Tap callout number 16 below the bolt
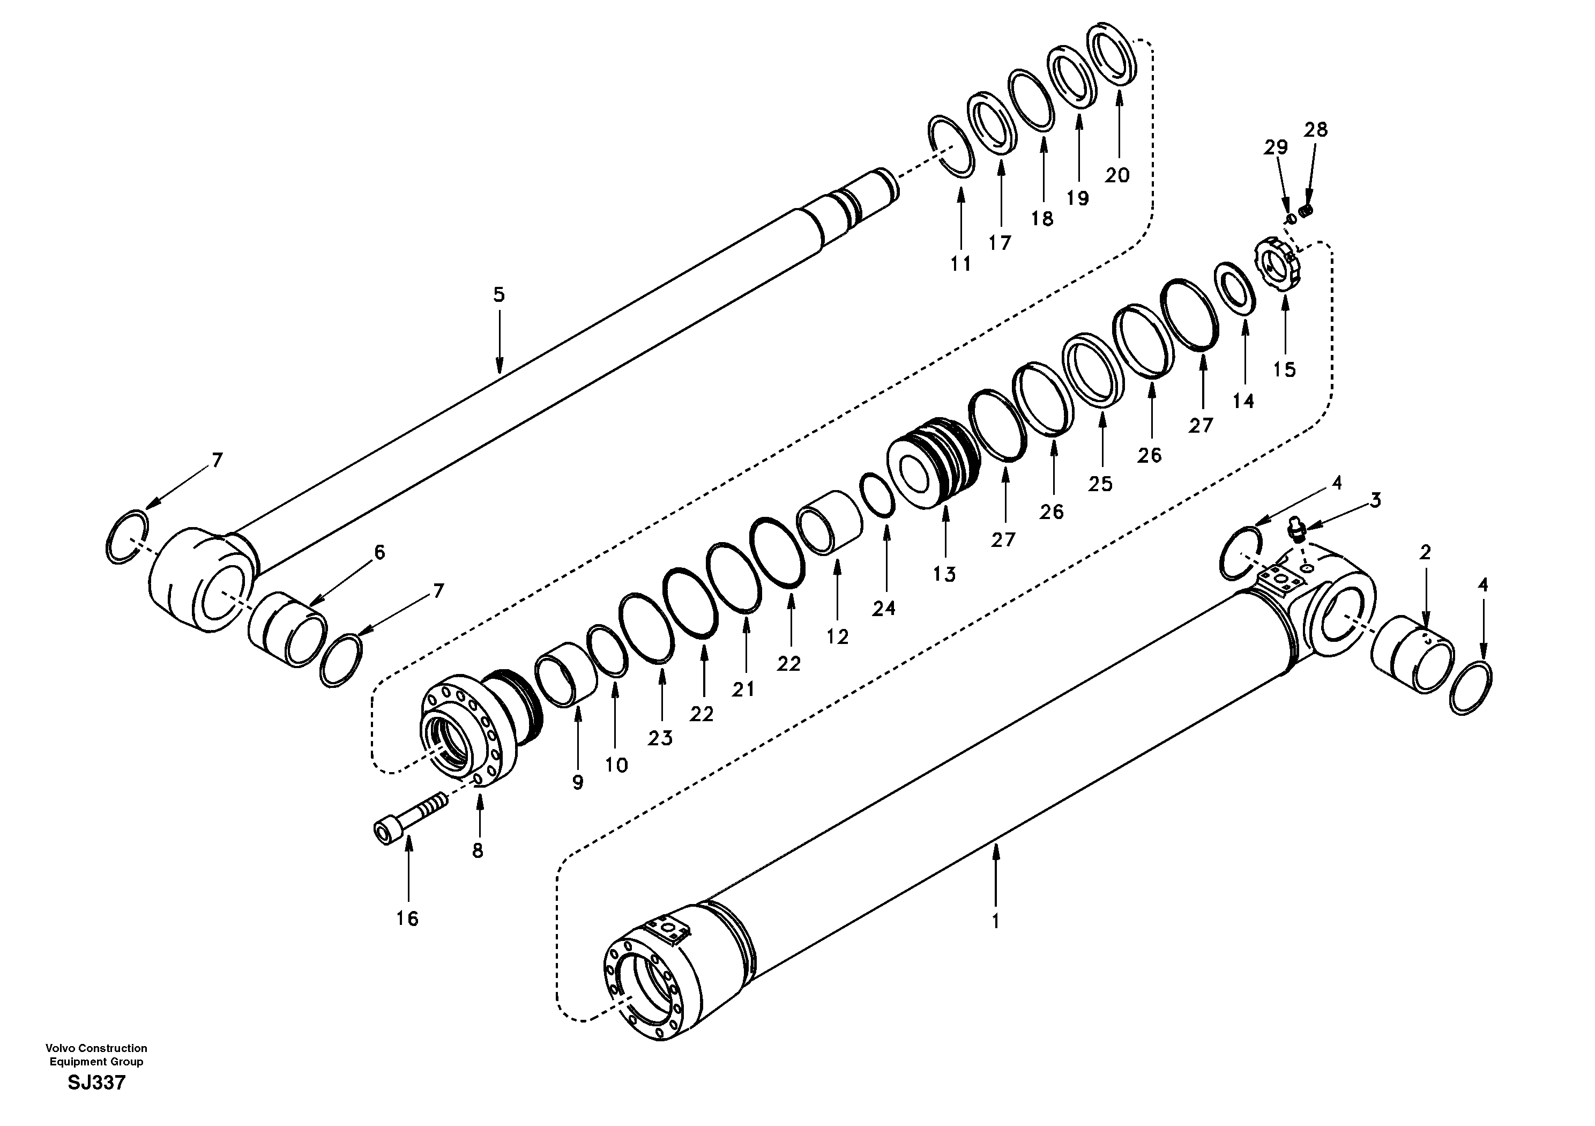coord(408,919)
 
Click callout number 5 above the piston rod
coord(499,295)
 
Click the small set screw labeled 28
coord(1307,211)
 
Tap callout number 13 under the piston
coord(944,574)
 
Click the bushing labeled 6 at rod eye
coord(287,629)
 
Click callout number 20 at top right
coord(1117,176)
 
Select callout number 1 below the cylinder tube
coord(995,922)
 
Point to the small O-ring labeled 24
coord(877,494)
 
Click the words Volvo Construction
coord(96,1048)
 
